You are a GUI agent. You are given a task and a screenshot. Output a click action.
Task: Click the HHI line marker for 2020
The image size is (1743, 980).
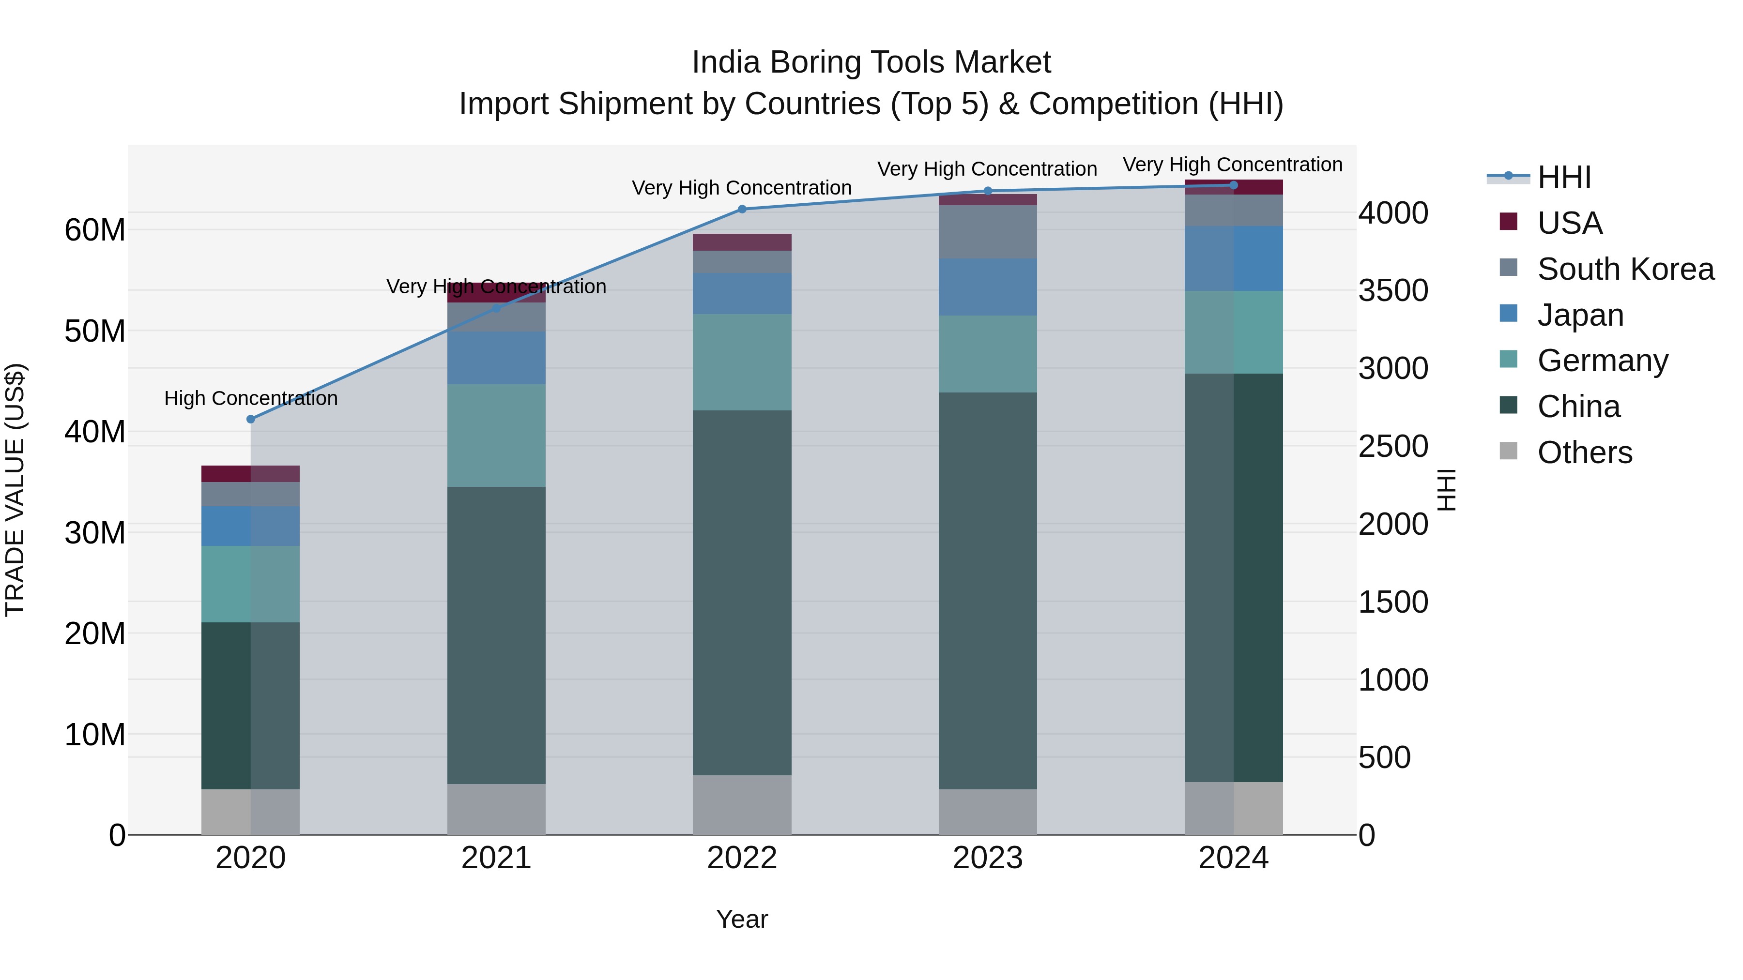pos(250,419)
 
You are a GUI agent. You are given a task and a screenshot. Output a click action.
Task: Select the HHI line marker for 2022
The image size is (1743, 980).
pos(742,209)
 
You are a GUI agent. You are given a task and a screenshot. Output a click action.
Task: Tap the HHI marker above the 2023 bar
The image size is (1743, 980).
pos(987,191)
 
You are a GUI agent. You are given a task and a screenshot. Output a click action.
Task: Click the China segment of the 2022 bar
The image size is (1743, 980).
pos(742,592)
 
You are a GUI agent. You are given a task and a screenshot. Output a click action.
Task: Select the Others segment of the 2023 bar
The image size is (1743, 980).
pos(987,812)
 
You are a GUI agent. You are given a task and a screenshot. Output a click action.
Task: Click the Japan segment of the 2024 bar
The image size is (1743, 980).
pos(1234,258)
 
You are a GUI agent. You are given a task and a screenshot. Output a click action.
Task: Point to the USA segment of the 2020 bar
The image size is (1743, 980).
pos(250,473)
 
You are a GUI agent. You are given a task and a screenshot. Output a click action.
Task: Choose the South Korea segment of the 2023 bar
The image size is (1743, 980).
pos(987,231)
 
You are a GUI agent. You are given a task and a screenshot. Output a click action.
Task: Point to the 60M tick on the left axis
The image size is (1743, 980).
pos(95,230)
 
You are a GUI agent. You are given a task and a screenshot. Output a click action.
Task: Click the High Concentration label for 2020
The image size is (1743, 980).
pos(250,398)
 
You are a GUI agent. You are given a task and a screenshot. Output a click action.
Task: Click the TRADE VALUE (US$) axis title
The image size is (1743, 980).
pos(15,490)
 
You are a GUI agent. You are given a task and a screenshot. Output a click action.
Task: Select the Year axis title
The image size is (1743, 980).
pos(742,919)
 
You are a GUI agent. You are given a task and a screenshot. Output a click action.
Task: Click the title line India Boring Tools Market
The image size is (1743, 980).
pos(871,62)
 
